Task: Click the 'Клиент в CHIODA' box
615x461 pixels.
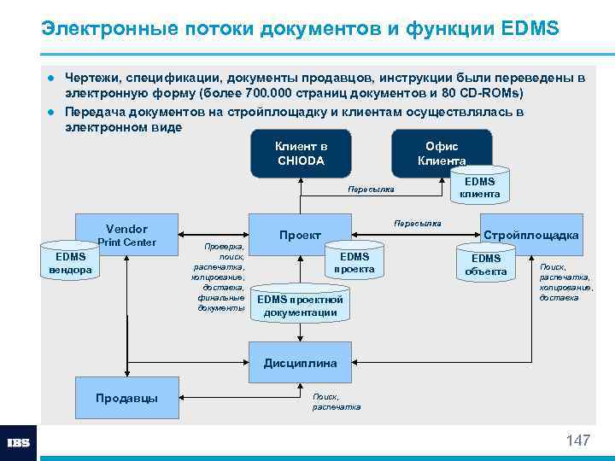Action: (301, 154)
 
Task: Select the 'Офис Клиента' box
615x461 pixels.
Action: (441, 153)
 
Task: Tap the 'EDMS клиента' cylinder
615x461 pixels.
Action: (479, 188)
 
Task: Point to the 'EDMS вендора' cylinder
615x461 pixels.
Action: (71, 262)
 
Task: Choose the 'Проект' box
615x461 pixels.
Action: (300, 236)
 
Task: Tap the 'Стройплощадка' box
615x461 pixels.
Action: (530, 235)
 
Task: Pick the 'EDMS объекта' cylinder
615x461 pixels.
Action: (486, 265)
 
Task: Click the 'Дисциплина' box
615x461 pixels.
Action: (300, 363)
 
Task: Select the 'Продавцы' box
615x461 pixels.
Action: (126, 398)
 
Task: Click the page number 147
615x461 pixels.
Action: (577, 441)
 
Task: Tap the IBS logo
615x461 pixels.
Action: (19, 443)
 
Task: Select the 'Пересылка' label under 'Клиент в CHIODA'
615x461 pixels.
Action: (371, 189)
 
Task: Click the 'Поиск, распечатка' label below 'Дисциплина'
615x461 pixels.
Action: (337, 401)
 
